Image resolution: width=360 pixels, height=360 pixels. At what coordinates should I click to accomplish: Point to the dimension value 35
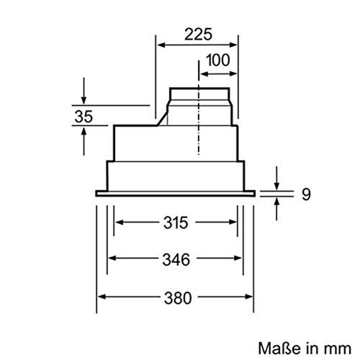click(84, 115)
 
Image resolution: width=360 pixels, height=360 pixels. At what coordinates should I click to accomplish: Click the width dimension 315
click(176, 222)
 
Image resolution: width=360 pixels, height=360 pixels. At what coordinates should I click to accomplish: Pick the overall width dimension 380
click(176, 297)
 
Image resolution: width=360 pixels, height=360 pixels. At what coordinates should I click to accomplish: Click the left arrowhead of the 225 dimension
click(160, 45)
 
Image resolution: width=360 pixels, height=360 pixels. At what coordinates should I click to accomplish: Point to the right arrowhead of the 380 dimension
click(251, 297)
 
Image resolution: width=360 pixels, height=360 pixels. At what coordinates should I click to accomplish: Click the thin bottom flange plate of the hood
click(176, 192)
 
